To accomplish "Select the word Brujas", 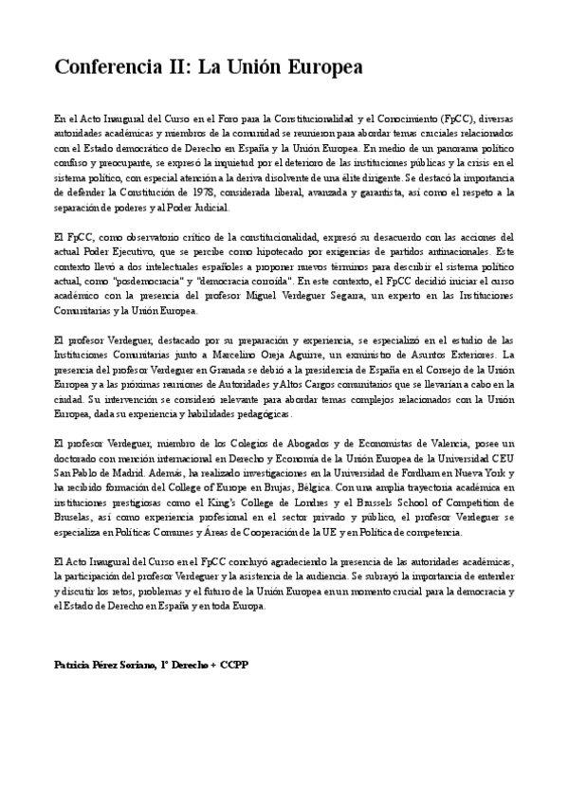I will click(x=281, y=487).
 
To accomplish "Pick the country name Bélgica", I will click(x=321, y=487).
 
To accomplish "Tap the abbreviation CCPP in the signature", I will click(x=232, y=665).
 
